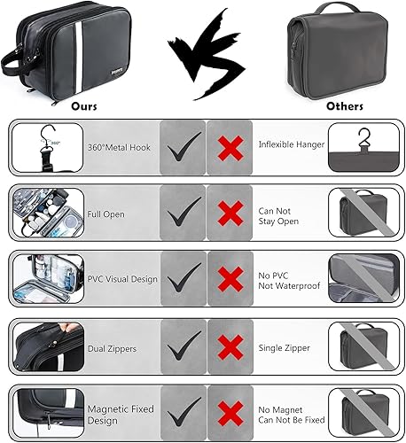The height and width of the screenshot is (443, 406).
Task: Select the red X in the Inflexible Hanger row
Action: click(230, 145)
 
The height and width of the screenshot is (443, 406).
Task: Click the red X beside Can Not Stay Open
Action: click(230, 213)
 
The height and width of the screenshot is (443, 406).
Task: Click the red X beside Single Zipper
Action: click(230, 346)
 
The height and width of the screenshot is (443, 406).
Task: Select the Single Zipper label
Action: click(284, 346)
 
